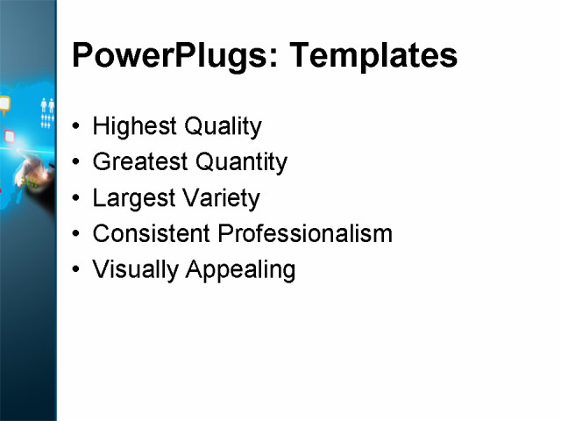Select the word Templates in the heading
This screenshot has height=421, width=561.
pyautogui.click(x=373, y=56)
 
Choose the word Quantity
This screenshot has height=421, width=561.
pyautogui.click(x=240, y=162)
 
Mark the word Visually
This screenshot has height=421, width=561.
pyautogui.click(x=136, y=270)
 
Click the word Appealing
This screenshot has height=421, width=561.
pyautogui.click(x=240, y=270)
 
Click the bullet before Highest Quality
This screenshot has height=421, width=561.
pyautogui.click(x=76, y=127)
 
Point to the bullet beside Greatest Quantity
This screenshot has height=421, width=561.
pyautogui.click(x=76, y=162)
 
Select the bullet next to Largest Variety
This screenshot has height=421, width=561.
pyautogui.click(x=76, y=198)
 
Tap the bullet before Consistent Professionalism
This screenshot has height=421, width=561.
pyautogui.click(x=76, y=234)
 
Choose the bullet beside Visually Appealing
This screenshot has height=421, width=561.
pyautogui.click(x=76, y=270)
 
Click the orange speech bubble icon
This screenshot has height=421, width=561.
pyautogui.click(x=4, y=104)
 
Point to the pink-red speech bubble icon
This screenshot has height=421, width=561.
pyautogui.click(x=10, y=136)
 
